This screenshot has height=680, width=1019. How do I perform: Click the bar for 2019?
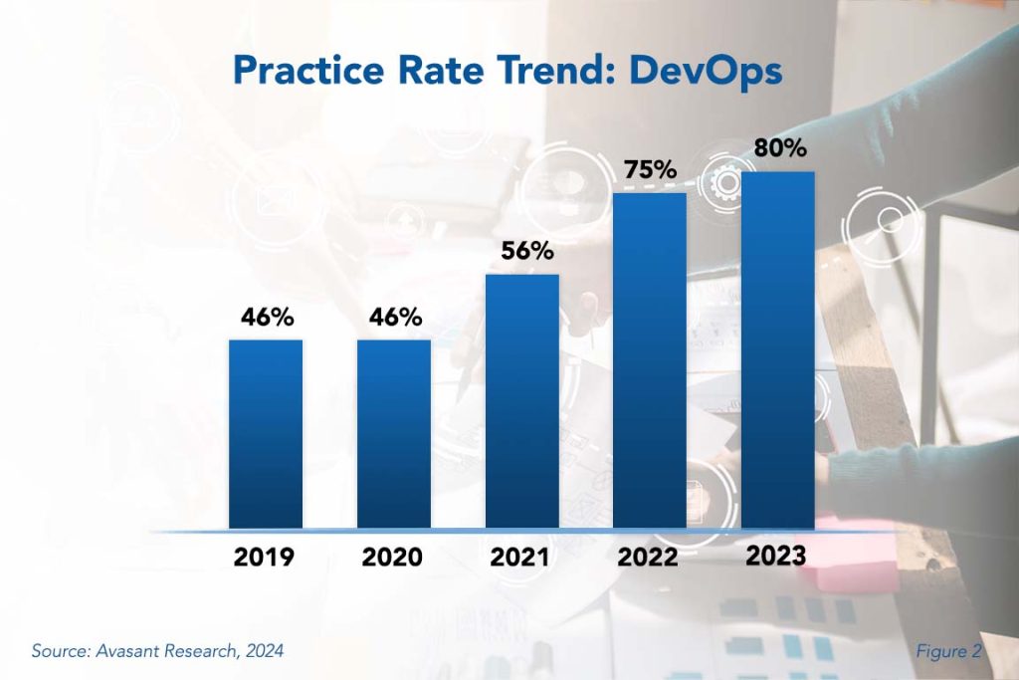tap(266, 434)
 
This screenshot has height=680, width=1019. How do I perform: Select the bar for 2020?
tap(394, 434)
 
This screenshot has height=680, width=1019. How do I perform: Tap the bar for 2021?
tap(522, 400)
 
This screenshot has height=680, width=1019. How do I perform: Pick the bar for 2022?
tap(650, 360)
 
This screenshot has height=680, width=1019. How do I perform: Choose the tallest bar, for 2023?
tap(778, 349)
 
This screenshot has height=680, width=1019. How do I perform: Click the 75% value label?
tap(650, 169)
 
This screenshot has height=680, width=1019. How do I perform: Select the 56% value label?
tap(525, 251)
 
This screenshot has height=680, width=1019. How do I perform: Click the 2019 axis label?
tap(264, 558)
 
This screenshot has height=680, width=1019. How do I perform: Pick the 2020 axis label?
tap(393, 558)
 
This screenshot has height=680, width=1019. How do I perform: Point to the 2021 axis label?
tap(519, 558)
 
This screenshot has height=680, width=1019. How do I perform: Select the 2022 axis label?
tap(647, 558)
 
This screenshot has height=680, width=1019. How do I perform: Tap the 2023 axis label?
tap(776, 556)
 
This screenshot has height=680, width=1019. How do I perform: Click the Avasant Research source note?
tap(157, 651)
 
